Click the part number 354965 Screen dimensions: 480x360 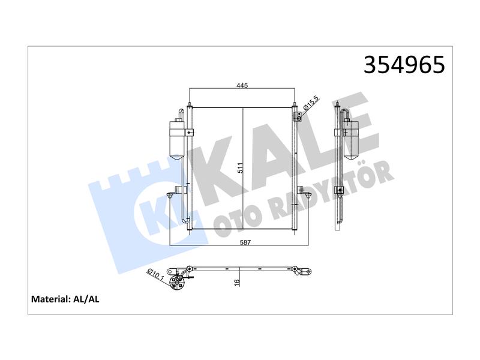point(404,65)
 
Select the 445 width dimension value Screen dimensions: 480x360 point(242,86)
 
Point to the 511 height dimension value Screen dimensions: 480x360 point(241,168)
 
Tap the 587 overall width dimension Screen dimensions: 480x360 point(245,242)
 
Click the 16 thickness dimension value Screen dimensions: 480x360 point(237,283)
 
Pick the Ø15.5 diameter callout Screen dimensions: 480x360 point(311,103)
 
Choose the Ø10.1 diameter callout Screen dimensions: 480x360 point(155,274)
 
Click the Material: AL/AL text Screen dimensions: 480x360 point(65,299)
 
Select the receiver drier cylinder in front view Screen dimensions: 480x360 point(177,140)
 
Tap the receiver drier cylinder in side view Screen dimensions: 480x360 point(351,139)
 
